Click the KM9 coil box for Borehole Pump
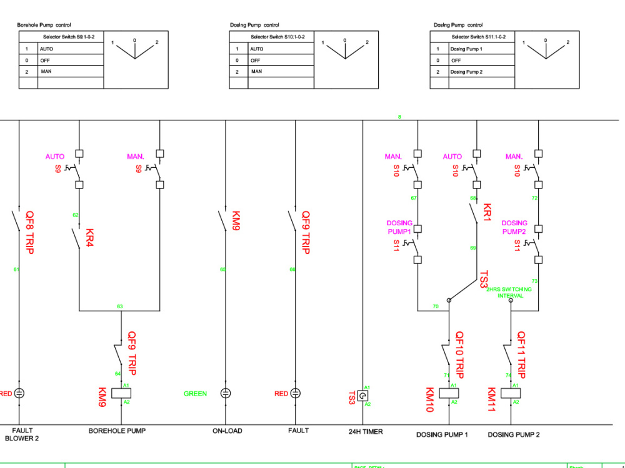[120, 394]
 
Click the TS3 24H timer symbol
[362, 396]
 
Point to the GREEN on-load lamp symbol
[226, 394]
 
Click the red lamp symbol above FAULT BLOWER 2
[19, 394]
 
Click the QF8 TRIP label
[29, 232]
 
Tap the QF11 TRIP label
[521, 354]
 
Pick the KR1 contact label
[487, 213]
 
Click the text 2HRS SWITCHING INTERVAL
[509, 293]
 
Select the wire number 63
[119, 306]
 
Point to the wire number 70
[436, 306]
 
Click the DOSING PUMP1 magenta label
[399, 227]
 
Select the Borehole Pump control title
[44, 25]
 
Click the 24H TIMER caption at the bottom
[366, 431]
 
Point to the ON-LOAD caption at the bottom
[226, 431]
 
